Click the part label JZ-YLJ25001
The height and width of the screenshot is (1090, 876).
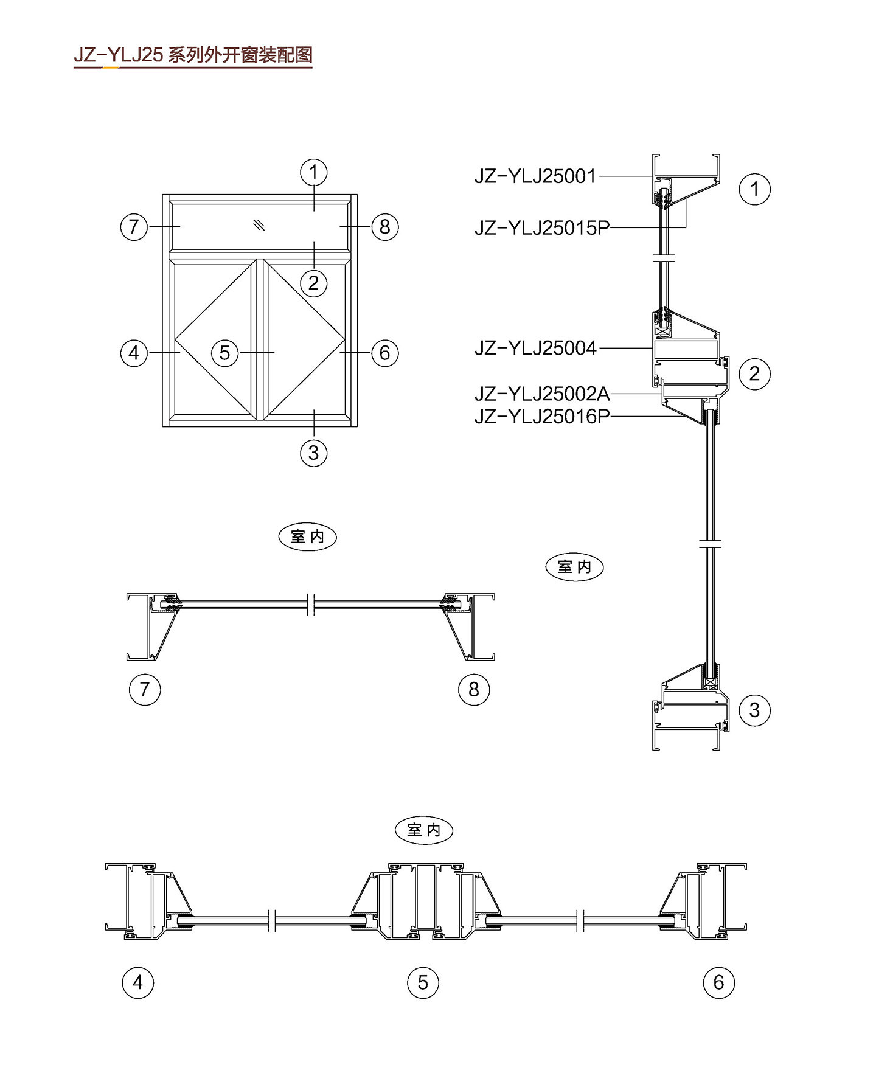tap(535, 176)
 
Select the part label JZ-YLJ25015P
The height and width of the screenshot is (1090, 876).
tap(541, 228)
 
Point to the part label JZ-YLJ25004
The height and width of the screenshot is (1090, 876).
tap(535, 348)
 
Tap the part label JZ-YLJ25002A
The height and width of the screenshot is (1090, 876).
tap(542, 394)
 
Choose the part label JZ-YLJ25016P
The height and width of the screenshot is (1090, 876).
tap(542, 417)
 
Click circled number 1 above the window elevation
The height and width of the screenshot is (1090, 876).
tap(314, 172)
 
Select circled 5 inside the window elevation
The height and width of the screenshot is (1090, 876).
tap(224, 352)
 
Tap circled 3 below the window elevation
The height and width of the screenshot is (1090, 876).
tap(314, 453)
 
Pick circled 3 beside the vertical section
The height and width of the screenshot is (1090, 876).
tap(754, 710)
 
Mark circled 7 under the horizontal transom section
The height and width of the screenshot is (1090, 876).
tap(145, 689)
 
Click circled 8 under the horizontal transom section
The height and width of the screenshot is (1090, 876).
tap(474, 689)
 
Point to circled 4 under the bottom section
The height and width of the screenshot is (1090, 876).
tap(138, 982)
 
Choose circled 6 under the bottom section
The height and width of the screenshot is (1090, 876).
tap(719, 982)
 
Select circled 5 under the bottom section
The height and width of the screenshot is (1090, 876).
tap(423, 982)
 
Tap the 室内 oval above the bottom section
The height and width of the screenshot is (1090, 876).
tap(424, 830)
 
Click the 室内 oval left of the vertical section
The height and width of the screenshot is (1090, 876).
tap(574, 567)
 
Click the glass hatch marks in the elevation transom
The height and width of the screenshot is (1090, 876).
tap(260, 224)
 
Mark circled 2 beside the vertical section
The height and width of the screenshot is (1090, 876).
tap(754, 373)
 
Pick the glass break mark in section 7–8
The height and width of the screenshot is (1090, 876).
tap(311, 604)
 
